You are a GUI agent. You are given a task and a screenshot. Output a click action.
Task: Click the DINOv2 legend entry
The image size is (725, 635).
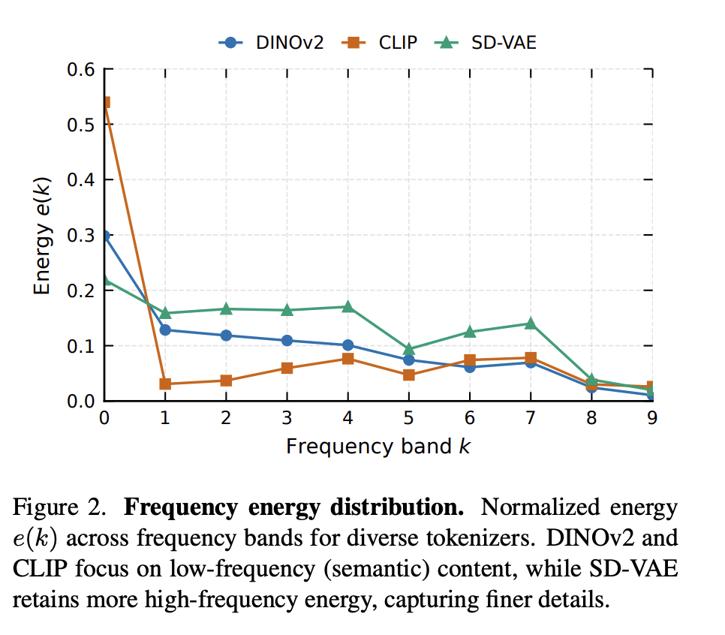[x=271, y=43]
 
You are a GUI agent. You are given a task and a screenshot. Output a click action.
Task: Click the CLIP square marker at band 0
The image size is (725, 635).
[x=105, y=102]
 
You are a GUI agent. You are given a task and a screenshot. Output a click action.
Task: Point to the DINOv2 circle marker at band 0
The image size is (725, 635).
[x=105, y=236]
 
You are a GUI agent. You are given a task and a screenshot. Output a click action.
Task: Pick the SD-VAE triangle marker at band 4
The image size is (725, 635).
[x=348, y=306]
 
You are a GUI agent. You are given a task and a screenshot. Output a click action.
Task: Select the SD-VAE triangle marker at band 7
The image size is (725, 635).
[x=531, y=323]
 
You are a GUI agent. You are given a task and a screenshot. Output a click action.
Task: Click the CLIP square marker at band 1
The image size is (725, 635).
[x=165, y=384]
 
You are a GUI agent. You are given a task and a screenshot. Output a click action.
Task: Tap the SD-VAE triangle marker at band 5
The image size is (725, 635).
[x=409, y=349]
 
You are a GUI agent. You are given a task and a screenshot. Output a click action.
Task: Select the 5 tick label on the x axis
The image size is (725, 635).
[x=409, y=419]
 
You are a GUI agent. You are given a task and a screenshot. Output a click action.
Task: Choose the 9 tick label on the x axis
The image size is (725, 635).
[x=652, y=419]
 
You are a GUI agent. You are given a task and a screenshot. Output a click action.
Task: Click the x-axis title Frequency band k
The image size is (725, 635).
[x=378, y=447]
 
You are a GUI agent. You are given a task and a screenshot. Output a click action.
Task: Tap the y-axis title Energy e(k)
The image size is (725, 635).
[x=44, y=236]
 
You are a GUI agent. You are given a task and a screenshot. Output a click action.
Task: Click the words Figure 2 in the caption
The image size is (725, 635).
[x=59, y=509]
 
